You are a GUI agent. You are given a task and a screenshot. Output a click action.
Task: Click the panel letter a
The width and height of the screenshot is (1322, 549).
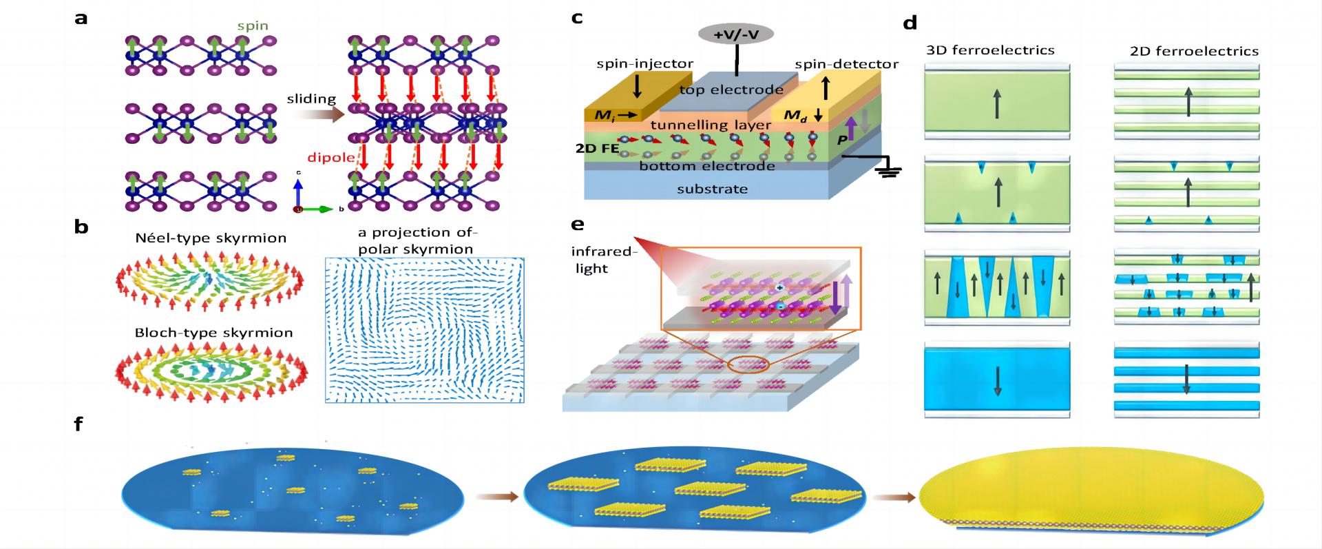pyautogui.click(x=81, y=19)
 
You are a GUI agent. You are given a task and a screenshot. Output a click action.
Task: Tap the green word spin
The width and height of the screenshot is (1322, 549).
pyautogui.click(x=252, y=26)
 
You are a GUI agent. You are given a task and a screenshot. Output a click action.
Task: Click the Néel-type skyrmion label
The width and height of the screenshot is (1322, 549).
pyautogui.click(x=211, y=238)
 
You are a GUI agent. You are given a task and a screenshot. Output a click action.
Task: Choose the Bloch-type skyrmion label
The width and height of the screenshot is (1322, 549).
pyautogui.click(x=213, y=333)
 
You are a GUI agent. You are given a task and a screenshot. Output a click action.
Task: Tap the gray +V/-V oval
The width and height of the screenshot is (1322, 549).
pyautogui.click(x=736, y=33)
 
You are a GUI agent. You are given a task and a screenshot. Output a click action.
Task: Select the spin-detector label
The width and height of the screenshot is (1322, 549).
pyautogui.click(x=846, y=64)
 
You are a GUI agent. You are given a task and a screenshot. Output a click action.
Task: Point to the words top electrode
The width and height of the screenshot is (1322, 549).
pyautogui.click(x=731, y=90)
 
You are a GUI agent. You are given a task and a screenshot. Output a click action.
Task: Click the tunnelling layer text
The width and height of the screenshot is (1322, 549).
pyautogui.click(x=710, y=125)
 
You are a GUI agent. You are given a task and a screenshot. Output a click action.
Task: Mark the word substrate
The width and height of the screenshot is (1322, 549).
pyautogui.click(x=712, y=189)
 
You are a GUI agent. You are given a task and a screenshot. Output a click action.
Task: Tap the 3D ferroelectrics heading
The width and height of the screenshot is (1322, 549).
pyautogui.click(x=991, y=50)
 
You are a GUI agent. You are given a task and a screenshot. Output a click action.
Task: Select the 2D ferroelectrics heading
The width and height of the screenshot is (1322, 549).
pyautogui.click(x=1194, y=51)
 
